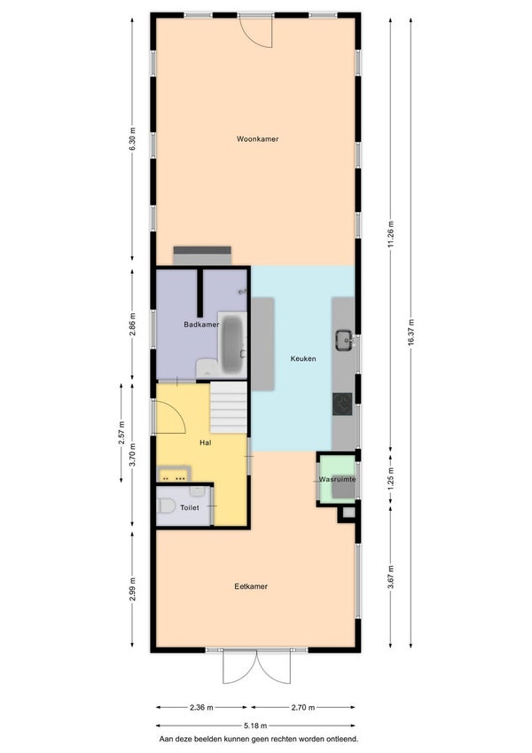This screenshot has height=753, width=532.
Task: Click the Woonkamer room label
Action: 257,138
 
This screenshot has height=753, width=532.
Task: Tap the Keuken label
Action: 303,358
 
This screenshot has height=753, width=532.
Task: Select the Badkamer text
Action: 201,324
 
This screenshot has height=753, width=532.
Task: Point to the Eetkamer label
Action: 251,586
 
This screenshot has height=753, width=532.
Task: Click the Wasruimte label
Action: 338,479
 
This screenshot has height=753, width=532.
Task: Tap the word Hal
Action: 206,443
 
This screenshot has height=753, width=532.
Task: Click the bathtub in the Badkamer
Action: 233,344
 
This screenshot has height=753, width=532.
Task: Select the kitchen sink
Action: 344,341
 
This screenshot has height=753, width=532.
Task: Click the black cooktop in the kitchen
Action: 342,404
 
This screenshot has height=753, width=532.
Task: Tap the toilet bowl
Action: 166,506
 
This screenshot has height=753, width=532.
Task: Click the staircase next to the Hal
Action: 229,408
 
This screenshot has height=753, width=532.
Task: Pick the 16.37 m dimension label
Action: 411,333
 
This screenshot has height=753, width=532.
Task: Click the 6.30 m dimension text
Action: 132,138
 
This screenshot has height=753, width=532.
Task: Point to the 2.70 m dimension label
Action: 303,708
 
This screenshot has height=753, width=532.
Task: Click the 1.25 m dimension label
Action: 390,478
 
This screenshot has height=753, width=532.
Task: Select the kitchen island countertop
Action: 263,344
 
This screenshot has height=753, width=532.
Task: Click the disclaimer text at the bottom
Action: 259,740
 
